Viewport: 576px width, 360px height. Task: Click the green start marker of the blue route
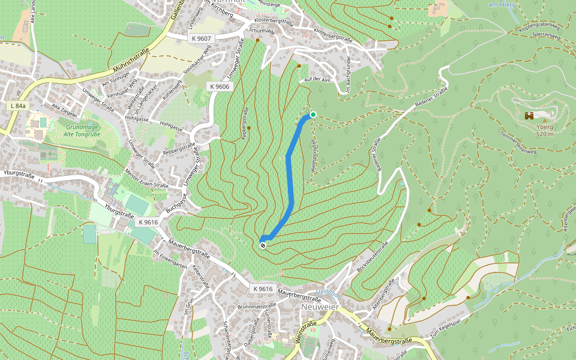coord(313,115)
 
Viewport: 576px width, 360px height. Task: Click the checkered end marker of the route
coord(263,245)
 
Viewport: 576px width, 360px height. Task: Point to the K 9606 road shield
coord(220,86)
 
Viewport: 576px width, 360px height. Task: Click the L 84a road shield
coord(18,106)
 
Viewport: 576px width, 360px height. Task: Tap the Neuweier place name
coord(320,307)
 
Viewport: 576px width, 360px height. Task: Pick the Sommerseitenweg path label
coord(519,142)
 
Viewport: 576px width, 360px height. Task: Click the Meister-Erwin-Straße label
coord(147,179)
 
